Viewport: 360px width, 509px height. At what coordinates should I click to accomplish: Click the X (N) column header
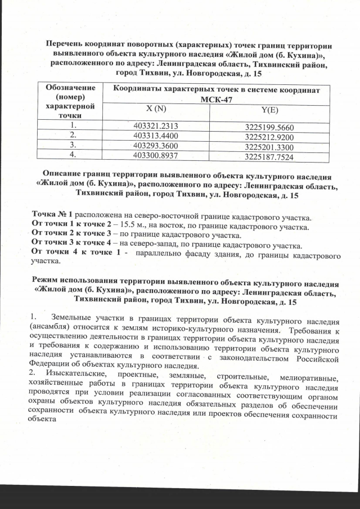[x=155, y=108]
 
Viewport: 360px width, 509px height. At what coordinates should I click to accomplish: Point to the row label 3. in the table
[x=71, y=145]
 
